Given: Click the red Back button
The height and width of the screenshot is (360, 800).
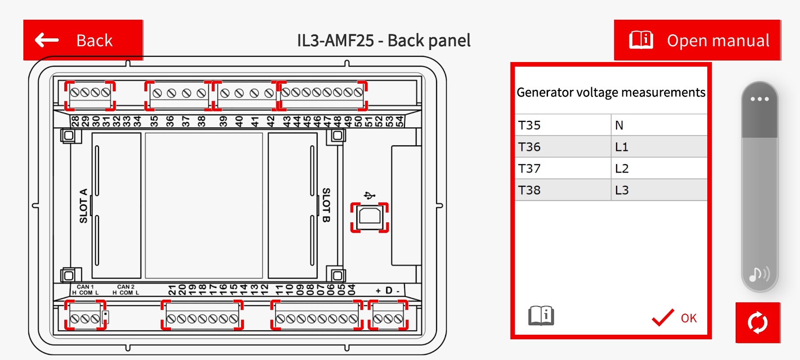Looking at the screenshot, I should (x=83, y=40).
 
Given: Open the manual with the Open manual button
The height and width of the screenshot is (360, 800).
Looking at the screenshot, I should (x=697, y=40).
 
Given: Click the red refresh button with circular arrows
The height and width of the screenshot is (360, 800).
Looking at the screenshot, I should (x=758, y=323).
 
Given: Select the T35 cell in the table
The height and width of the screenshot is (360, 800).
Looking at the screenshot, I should (x=562, y=125).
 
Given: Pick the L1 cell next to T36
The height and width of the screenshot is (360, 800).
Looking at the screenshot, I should (x=659, y=147).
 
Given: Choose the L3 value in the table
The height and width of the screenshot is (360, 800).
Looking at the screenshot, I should (x=659, y=190).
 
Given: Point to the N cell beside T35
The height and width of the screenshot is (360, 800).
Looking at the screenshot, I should (x=659, y=125).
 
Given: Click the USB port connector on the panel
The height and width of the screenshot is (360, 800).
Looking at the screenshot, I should (x=369, y=217).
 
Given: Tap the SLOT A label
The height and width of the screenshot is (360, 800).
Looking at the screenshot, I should (x=83, y=206).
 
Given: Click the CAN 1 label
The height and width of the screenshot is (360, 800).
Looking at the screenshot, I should (x=85, y=287).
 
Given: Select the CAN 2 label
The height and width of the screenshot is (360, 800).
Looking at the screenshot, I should (x=126, y=287).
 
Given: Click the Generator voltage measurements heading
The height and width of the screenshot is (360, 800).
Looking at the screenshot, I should (x=611, y=92).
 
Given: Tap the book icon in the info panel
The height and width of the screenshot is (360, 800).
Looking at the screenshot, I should (x=541, y=315).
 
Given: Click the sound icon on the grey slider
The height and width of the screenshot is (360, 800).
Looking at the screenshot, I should (x=759, y=273).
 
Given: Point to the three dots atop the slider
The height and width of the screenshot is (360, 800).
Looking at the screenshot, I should (x=760, y=99).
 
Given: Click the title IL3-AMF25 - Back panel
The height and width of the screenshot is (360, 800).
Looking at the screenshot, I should (x=383, y=40).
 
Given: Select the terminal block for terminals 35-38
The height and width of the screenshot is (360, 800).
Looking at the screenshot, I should (x=179, y=95).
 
